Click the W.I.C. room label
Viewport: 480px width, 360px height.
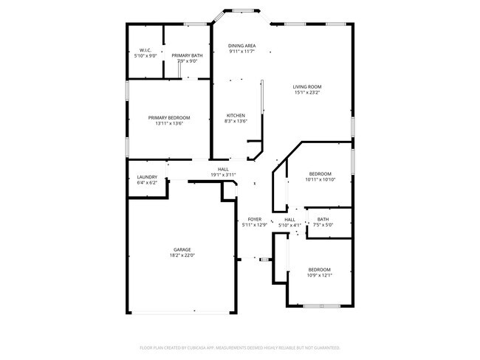click(x=145, y=50)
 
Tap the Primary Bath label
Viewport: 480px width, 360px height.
click(x=187, y=55)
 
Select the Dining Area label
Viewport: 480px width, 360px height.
click(x=241, y=46)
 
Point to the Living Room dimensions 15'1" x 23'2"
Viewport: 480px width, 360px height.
click(x=307, y=92)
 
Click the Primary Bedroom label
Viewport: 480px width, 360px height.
click(x=168, y=118)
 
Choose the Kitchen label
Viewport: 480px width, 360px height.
click(x=236, y=115)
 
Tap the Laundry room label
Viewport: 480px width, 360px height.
click(x=147, y=177)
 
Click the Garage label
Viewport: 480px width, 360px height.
click(x=182, y=249)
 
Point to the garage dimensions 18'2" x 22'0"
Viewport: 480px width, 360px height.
click(x=182, y=255)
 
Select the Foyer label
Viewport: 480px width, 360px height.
click(x=255, y=219)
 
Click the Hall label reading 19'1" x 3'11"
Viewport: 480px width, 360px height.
click(x=223, y=175)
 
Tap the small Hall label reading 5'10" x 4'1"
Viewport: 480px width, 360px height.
click(x=290, y=225)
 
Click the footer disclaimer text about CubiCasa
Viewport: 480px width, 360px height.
click(x=239, y=347)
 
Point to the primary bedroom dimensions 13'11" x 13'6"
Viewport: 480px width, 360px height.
click(x=168, y=124)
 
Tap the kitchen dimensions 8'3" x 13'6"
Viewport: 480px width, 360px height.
click(x=236, y=121)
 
